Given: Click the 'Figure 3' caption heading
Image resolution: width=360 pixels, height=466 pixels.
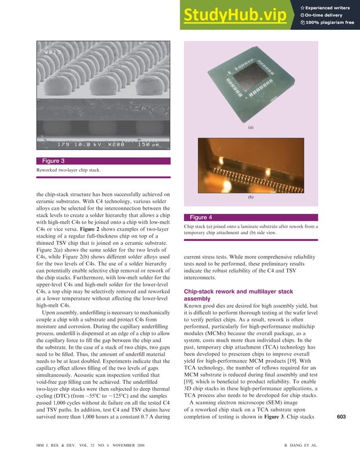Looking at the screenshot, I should coord(55,161).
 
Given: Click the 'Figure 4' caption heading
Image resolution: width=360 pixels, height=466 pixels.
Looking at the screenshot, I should coord(201,217).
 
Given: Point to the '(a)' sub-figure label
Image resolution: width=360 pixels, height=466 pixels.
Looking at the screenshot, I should coord(251,128).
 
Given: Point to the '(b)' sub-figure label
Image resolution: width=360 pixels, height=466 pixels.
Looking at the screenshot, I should coord(251,198).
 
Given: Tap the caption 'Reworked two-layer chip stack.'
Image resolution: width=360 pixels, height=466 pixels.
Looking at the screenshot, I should coord(68,170).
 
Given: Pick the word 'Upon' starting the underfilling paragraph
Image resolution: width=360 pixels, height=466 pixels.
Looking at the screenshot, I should coord(50,311).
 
